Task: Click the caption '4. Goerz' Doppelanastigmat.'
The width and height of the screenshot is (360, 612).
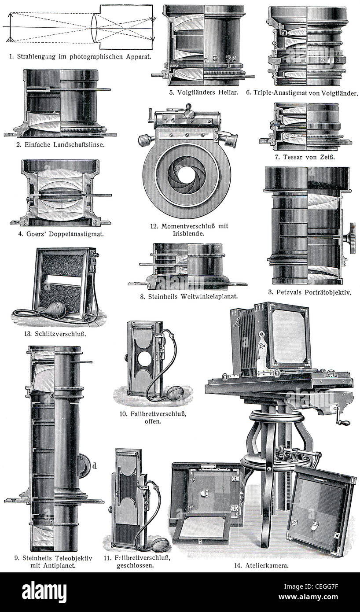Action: click(61, 234)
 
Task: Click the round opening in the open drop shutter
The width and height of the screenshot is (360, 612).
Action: click(143, 359)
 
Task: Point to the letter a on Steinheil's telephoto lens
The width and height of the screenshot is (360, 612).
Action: click(52, 396)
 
